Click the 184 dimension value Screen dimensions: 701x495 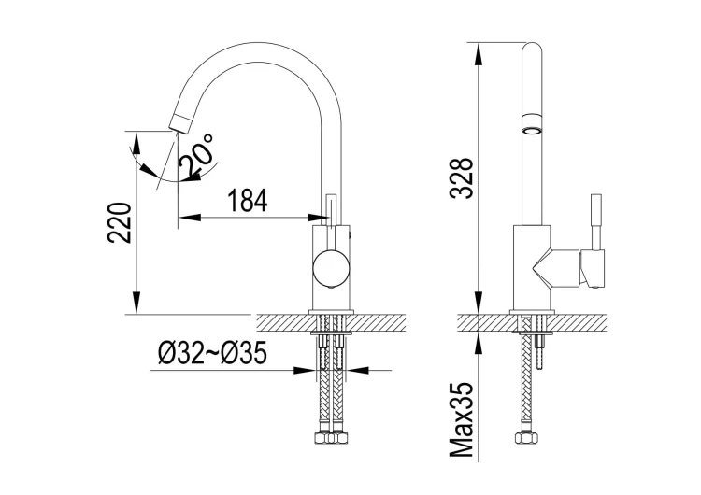pyautogui.click(x=248, y=200)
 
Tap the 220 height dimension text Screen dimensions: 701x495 pyautogui.click(x=120, y=223)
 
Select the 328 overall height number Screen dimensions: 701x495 pyautogui.click(x=462, y=177)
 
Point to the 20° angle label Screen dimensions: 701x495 pyautogui.click(x=196, y=155)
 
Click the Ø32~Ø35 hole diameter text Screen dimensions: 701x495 pyautogui.click(x=212, y=352)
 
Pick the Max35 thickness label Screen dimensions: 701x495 pyautogui.click(x=462, y=419)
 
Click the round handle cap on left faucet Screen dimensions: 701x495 pyautogui.click(x=331, y=268)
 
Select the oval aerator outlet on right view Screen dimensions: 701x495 pyautogui.click(x=532, y=131)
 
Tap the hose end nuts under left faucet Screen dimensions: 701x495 pyautogui.click(x=331, y=437)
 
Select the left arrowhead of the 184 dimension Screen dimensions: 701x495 pyautogui.click(x=189, y=218)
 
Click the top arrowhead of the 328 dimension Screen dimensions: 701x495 pyautogui.click(x=479, y=54)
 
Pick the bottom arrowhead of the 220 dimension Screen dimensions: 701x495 pyautogui.click(x=136, y=303)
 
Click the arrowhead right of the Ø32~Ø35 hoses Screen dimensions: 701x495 pyautogui.click(x=358, y=370)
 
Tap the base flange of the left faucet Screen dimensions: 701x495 pyautogui.click(x=331, y=312)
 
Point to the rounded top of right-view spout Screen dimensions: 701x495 pyautogui.click(x=532, y=49)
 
